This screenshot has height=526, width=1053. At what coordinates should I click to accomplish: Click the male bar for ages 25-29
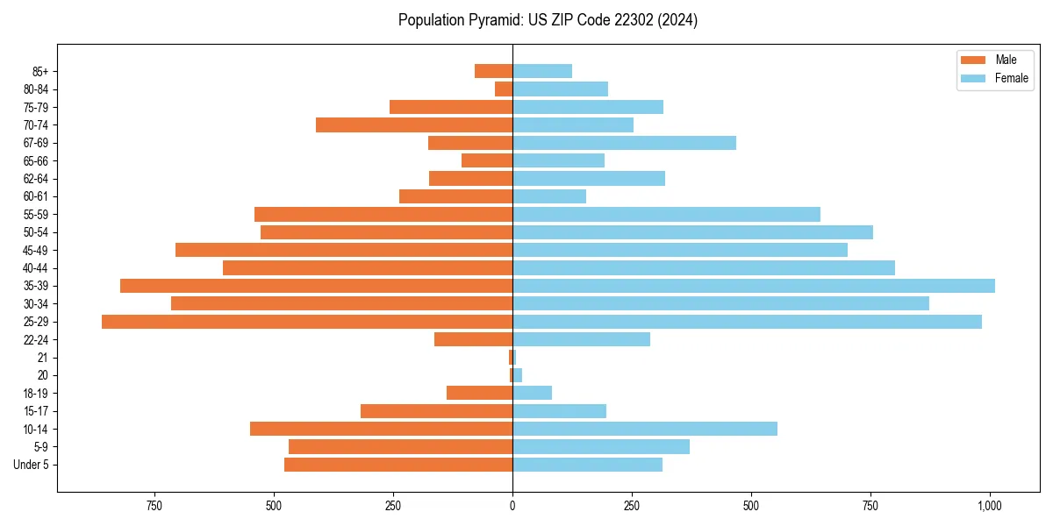pyautogui.click(x=307, y=322)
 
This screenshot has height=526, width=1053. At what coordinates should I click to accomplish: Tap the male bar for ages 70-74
pyautogui.click(x=414, y=125)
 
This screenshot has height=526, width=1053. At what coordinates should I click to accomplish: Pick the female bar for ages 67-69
pyautogui.click(x=624, y=143)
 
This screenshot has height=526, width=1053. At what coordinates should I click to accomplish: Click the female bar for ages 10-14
pyautogui.click(x=645, y=429)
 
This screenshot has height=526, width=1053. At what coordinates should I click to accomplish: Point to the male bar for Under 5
pyautogui.click(x=398, y=465)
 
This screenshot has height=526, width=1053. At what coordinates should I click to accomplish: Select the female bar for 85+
pyautogui.click(x=542, y=71)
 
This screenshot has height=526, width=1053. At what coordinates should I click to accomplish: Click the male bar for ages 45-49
pyautogui.click(x=344, y=250)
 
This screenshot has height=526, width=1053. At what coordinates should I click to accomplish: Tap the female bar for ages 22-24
pyautogui.click(x=581, y=339)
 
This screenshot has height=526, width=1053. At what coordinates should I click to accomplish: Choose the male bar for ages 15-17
pyautogui.click(x=436, y=411)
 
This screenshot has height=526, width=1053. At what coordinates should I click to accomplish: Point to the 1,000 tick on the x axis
pyautogui.click(x=990, y=506)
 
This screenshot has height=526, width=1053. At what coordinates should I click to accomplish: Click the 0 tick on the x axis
pyautogui.click(x=512, y=506)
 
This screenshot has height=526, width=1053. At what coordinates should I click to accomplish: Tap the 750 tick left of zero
pyautogui.click(x=154, y=506)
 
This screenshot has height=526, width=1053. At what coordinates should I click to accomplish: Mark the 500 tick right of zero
pyautogui.click(x=751, y=506)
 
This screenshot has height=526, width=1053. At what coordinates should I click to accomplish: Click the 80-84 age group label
pyautogui.click(x=36, y=89)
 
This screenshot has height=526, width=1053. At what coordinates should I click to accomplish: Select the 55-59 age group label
pyautogui.click(x=36, y=215)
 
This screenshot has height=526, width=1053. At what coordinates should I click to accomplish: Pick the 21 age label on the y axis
pyautogui.click(x=43, y=358)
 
